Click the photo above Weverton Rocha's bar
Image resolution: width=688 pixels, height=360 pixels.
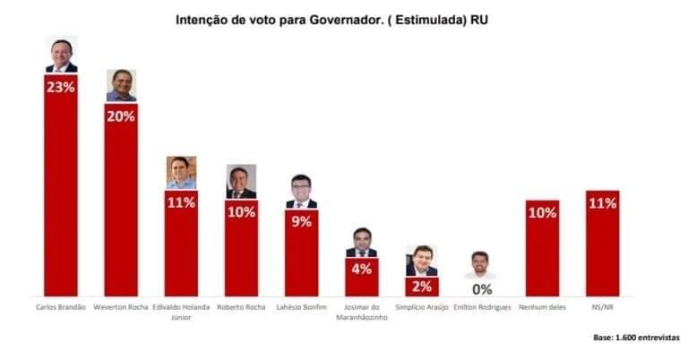pos(121,85)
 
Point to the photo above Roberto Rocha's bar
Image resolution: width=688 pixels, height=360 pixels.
pos(241,181)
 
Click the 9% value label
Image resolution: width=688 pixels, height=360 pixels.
pos(301,221)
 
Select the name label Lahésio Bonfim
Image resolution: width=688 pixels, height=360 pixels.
pos(301,307)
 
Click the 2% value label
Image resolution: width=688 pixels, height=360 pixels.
pos(422,287)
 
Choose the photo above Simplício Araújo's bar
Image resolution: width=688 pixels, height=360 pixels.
pos(421,261)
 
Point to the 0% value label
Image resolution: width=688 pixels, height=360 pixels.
pos(482,289)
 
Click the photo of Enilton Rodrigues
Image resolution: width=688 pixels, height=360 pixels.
pos(482,265)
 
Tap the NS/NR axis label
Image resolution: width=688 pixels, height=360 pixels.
pos(602,307)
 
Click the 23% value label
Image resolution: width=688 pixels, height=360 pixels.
pos(61,88)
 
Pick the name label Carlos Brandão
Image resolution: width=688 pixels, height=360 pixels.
pos(61,307)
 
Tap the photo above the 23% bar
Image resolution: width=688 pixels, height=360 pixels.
pos(61,55)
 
